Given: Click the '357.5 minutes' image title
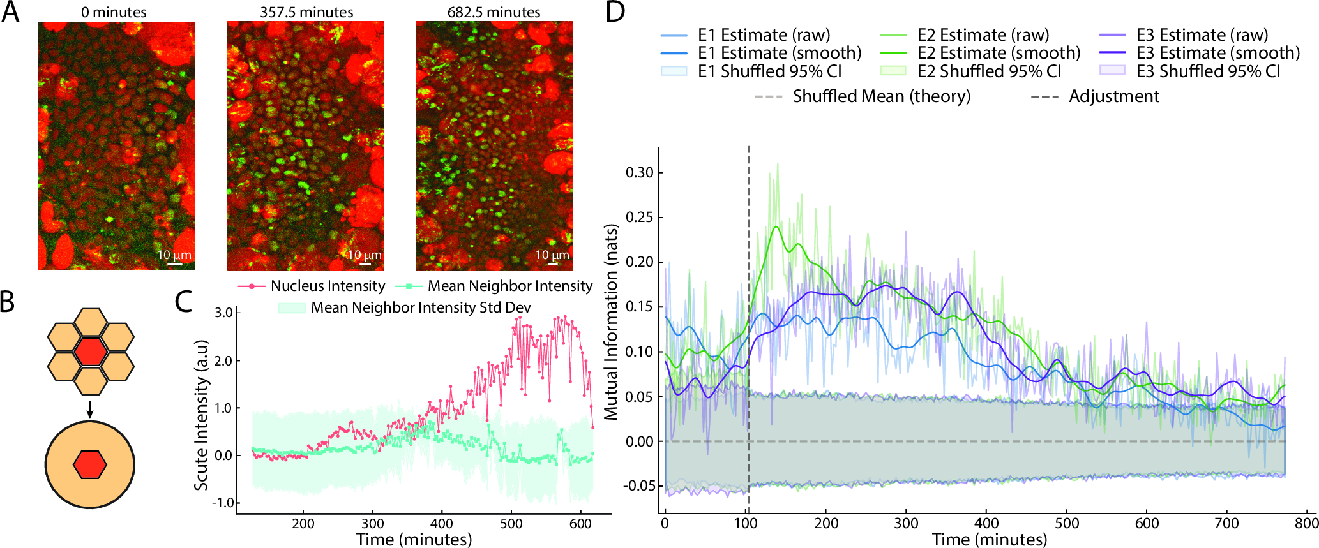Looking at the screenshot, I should pyautogui.click(x=306, y=12).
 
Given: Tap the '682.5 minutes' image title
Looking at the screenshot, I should pyautogui.click(x=494, y=12).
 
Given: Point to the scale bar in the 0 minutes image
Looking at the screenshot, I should pyautogui.click(x=175, y=263).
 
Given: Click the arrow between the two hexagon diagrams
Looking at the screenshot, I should pyautogui.click(x=90, y=409).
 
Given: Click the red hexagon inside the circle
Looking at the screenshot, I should pyautogui.click(x=89, y=464).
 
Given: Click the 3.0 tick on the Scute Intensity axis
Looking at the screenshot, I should pyautogui.click(x=223, y=313).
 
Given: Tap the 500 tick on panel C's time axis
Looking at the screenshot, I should pyautogui.click(x=511, y=524).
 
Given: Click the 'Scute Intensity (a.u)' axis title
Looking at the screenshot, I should pyautogui.click(x=202, y=415).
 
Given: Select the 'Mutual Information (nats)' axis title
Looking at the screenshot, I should pyautogui.click(x=612, y=322).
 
